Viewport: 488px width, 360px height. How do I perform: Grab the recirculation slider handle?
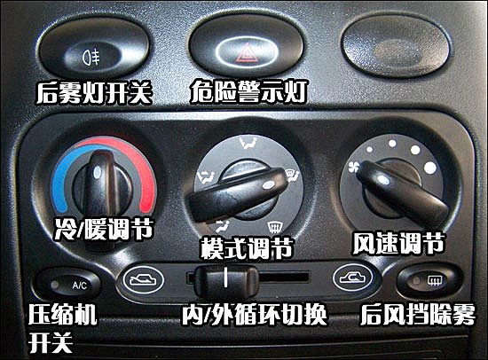click(226, 281)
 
